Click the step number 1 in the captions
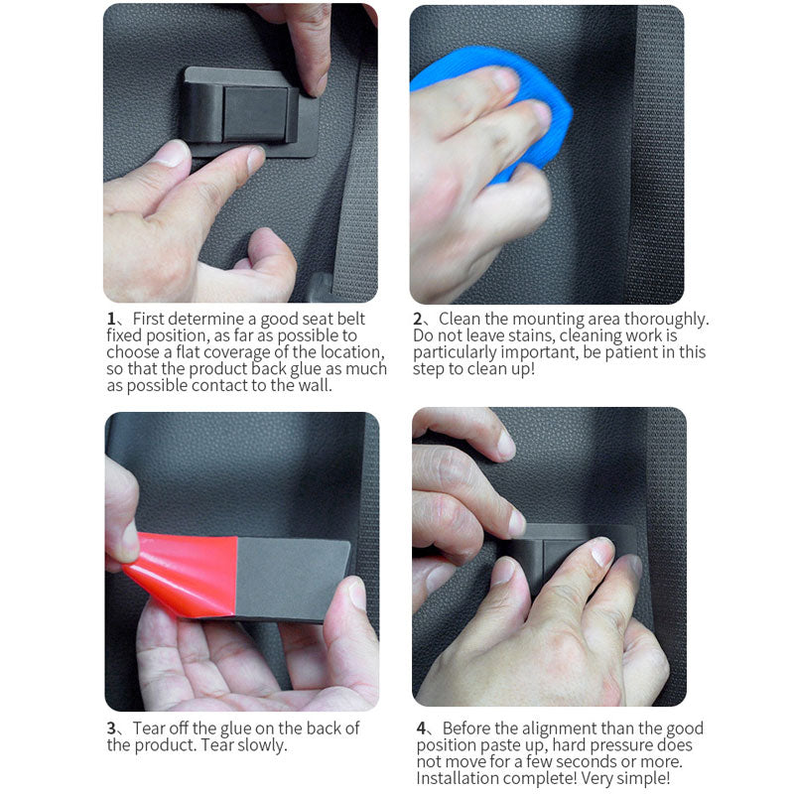(x=111, y=319)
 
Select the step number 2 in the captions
(x=418, y=319)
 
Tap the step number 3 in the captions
(x=111, y=728)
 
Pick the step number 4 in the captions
(x=421, y=728)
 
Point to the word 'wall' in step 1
(x=317, y=385)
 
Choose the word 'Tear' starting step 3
(x=150, y=728)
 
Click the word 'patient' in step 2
(x=631, y=352)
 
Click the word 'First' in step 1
(x=148, y=319)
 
